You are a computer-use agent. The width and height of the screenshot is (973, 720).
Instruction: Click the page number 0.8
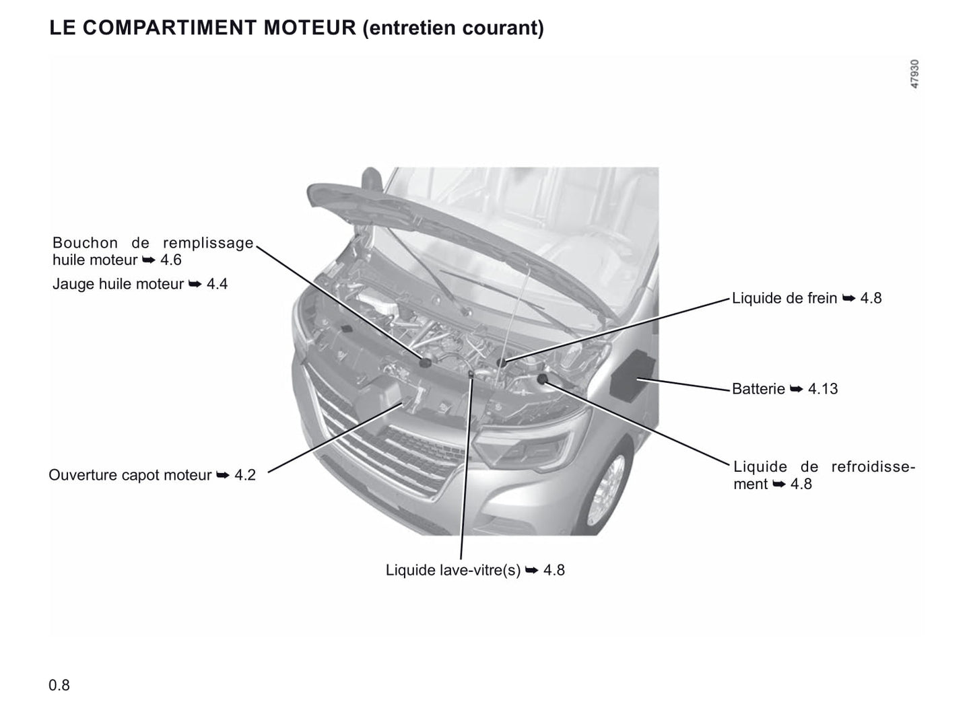pos(59,685)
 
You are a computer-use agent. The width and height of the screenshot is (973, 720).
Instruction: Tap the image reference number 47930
pos(914,74)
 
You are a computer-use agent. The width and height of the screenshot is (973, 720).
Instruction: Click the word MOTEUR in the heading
pos(310,28)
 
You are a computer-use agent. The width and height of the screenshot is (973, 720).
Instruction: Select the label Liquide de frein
pos(784,298)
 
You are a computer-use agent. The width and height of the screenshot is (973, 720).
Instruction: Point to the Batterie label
pos(758,388)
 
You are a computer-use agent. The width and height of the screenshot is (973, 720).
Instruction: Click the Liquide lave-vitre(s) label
pos(453,570)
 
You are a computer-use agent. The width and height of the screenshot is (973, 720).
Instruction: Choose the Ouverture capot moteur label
pos(130,475)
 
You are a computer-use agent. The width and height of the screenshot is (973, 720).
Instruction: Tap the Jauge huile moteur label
pos(118,284)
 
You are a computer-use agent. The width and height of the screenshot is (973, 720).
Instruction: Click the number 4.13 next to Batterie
pos(823,388)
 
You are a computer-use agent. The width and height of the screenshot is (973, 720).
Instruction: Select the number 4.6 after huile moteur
pos(170,260)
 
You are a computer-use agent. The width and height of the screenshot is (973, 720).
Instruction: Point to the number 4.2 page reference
pos(245,475)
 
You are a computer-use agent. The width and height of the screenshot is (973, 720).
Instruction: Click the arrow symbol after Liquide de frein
pos(849,299)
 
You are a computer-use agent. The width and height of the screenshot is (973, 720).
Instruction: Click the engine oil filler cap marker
pos(425,362)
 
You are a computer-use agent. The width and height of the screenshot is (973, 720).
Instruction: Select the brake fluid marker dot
pos(502,363)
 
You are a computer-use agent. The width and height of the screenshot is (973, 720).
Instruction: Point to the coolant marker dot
pos(542,379)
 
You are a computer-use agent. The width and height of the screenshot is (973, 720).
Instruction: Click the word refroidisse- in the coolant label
pos(873,466)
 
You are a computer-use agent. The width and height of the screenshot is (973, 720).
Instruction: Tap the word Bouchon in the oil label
pos(85,242)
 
